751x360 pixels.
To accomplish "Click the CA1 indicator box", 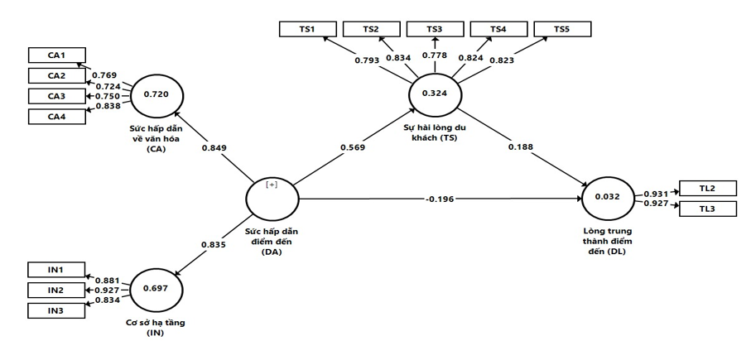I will (x=56, y=55).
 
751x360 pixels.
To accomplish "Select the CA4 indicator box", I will (x=56, y=116).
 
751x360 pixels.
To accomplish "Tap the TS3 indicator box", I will (x=435, y=29).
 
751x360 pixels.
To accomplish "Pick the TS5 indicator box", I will (x=562, y=29).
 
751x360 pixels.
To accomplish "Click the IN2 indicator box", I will (x=56, y=290).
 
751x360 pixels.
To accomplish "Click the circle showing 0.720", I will (x=156, y=94).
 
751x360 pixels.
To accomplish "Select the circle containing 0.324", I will (x=434, y=94).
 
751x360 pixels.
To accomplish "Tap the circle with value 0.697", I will (x=156, y=289).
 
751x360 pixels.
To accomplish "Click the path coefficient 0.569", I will (x=352, y=148).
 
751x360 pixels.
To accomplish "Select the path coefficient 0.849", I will (x=214, y=148).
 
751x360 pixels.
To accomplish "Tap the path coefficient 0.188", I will (x=521, y=147).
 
